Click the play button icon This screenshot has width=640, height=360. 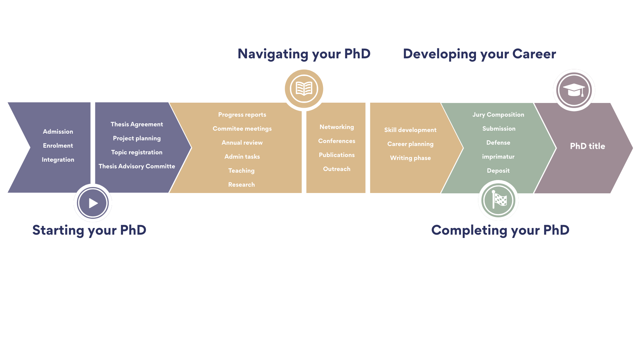point(93,203)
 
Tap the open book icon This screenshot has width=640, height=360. point(304,89)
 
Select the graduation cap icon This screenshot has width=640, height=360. point(574,90)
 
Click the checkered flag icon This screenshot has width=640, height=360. point(498,200)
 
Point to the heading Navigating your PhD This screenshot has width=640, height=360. point(304,54)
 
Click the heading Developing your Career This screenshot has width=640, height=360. point(479,54)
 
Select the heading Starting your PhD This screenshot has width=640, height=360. point(89,230)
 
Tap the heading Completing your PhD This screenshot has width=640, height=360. point(500,230)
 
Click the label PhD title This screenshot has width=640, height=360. point(587,146)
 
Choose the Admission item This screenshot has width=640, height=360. point(58,132)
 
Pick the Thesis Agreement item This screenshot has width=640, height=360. point(137,124)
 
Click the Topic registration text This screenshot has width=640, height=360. point(137,152)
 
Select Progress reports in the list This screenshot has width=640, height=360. point(242,115)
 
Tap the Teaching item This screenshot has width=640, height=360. point(241,171)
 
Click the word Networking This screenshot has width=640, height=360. point(337,127)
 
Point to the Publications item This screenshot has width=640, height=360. point(337,155)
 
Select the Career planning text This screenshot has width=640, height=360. point(410,144)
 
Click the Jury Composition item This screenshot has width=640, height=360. point(498,115)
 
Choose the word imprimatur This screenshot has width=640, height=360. point(498,157)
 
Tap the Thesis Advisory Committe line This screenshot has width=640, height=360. point(137,166)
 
